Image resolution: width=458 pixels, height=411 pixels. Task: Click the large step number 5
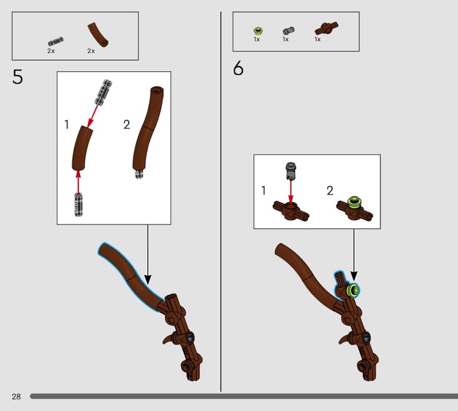pyautogui.click(x=18, y=77)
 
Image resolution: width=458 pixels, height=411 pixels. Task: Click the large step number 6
pyautogui.click(x=238, y=69)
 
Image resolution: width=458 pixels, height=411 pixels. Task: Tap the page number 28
pyautogui.click(x=17, y=396)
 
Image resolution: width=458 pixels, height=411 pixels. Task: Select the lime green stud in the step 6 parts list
pyautogui.click(x=258, y=30)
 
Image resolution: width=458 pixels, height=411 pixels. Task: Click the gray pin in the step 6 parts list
pyautogui.click(x=289, y=30)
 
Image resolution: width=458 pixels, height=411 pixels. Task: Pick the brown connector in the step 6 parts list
pyautogui.click(x=326, y=29)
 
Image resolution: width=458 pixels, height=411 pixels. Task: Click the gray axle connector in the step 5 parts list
pyautogui.click(x=56, y=41)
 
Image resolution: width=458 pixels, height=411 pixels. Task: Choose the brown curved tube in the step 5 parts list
pyautogui.click(x=97, y=34)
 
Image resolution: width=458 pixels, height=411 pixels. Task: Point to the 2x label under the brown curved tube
pyautogui.click(x=91, y=51)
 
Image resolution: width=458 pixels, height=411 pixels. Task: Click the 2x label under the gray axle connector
pyautogui.click(x=51, y=51)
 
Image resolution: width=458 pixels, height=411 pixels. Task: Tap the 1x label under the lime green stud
pyautogui.click(x=256, y=39)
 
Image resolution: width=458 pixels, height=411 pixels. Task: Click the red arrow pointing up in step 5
pyautogui.click(x=78, y=181)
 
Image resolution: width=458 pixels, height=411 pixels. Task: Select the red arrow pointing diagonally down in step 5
pyautogui.click(x=93, y=117)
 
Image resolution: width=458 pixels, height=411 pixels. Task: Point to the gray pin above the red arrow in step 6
pyautogui.click(x=290, y=171)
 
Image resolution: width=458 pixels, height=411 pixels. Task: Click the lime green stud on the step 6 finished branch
pyautogui.click(x=353, y=291)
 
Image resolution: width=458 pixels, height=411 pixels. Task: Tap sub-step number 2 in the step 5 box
pyautogui.click(x=127, y=125)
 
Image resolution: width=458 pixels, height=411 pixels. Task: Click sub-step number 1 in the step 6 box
pyautogui.click(x=264, y=191)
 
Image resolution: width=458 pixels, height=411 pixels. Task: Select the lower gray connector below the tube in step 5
pyautogui.click(x=78, y=204)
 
